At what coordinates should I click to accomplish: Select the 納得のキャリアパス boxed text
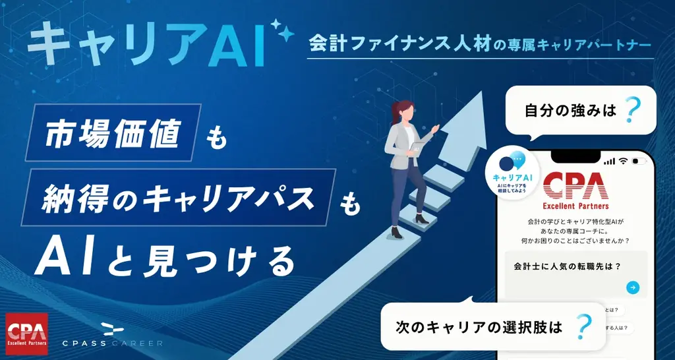(x=178, y=196)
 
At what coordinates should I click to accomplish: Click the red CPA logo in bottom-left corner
(x=26, y=330)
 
